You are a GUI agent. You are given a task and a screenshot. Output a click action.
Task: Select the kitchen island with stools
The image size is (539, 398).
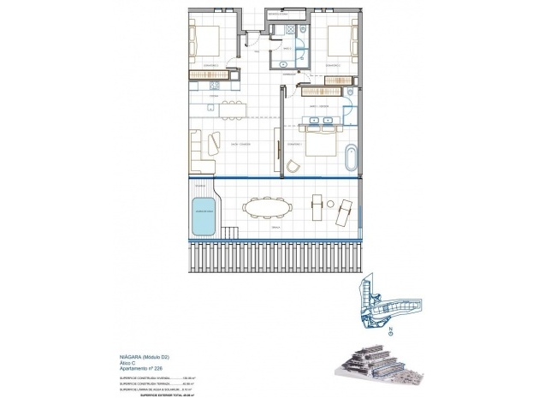[x=224, y=109]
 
